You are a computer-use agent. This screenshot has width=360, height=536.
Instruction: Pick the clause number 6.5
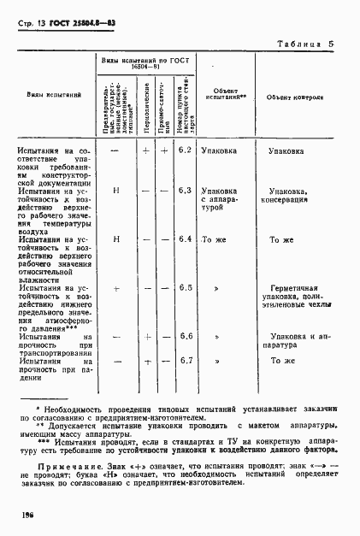(x=185, y=288)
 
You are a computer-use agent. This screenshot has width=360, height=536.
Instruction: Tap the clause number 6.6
(x=185, y=337)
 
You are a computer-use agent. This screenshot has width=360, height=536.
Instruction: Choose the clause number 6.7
(x=185, y=361)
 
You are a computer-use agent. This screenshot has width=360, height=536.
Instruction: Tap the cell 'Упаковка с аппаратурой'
(x=218, y=198)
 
